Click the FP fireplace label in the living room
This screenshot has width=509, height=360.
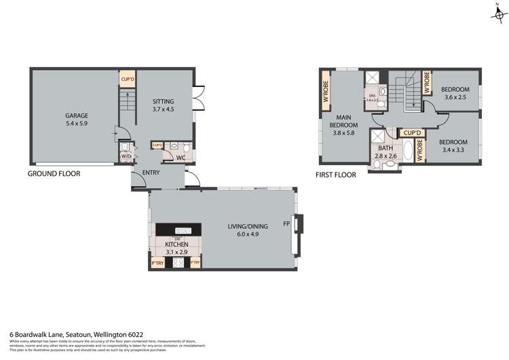coord(286,223)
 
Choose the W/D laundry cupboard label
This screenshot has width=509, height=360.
coord(126,157)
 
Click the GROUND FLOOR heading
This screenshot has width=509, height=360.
coord(54,174)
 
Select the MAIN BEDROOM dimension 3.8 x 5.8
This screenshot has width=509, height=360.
coord(344,133)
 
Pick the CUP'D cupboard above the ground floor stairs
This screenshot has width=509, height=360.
coord(128,79)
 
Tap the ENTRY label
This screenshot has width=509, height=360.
coord(151,173)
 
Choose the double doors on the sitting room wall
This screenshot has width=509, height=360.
coord(197,98)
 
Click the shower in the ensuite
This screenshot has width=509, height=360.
coord(373,77)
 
